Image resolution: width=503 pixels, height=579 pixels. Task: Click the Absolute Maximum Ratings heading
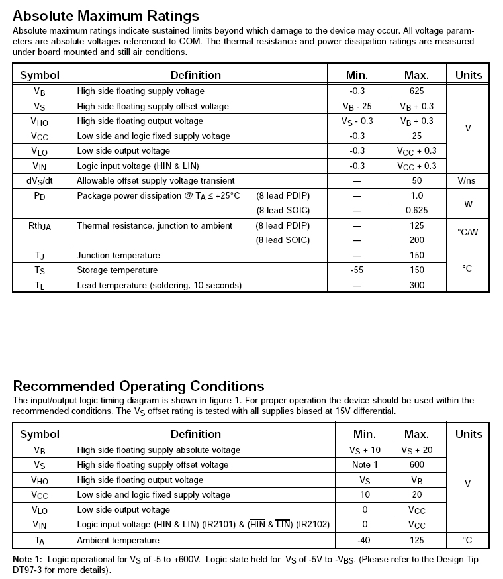(x=106, y=15)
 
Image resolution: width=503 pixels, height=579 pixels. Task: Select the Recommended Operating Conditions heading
(x=138, y=386)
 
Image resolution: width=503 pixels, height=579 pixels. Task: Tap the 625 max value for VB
(x=416, y=91)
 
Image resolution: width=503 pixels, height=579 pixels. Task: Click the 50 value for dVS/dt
(x=416, y=181)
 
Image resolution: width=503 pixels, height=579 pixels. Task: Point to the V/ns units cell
(x=468, y=181)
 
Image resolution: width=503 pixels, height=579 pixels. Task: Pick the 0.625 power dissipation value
(x=416, y=211)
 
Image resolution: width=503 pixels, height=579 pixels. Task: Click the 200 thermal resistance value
(x=416, y=240)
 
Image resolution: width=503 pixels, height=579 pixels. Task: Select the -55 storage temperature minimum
(x=357, y=270)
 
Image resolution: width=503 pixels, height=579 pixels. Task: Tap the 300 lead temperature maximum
(x=416, y=286)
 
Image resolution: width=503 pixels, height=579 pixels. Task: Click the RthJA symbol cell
(x=40, y=226)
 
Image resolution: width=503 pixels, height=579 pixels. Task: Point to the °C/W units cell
(x=468, y=233)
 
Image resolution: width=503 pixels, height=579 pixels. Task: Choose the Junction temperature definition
(x=118, y=256)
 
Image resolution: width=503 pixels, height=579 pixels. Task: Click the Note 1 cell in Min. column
(x=365, y=465)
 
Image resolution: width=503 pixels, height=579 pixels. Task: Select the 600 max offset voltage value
(x=417, y=465)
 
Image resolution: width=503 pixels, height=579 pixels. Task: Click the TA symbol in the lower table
(x=40, y=541)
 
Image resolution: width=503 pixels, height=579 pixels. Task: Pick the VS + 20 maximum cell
(x=416, y=450)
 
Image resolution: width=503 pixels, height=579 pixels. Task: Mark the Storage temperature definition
(x=117, y=270)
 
